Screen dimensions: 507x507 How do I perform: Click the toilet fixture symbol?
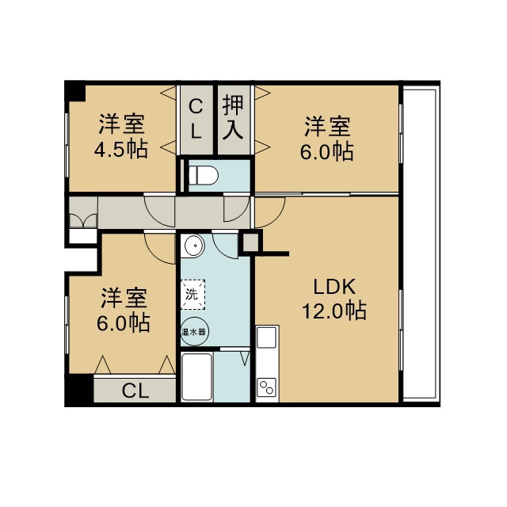click(204, 176)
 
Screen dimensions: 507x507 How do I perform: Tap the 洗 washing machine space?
click(193, 294)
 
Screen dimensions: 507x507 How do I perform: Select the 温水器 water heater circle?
click(194, 331)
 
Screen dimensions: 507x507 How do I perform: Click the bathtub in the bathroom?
click(197, 377)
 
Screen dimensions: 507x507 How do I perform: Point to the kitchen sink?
click(267, 337)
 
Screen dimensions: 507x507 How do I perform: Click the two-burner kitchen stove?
click(267, 387)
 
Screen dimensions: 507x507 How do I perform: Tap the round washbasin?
click(194, 246)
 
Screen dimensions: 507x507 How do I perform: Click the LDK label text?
click(334, 287)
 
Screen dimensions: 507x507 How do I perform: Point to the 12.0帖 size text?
click(334, 311)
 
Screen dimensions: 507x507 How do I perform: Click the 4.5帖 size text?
click(121, 149)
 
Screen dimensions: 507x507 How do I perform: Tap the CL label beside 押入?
click(196, 119)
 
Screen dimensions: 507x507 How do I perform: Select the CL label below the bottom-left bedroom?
click(135, 391)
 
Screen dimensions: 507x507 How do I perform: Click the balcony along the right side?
click(421, 244)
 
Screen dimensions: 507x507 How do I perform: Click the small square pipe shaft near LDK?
click(250, 242)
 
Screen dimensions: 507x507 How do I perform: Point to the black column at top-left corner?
click(75, 90)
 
